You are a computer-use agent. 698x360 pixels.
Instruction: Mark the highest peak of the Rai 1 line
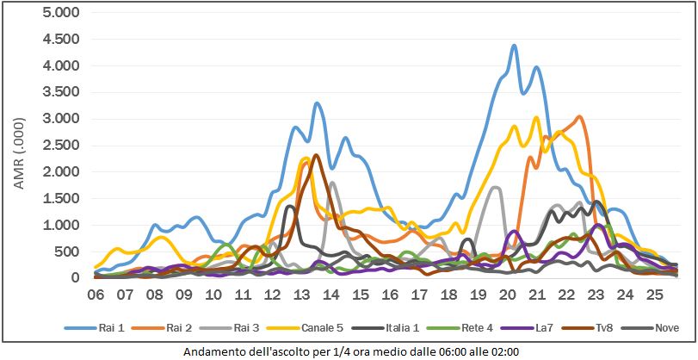coord(514,46)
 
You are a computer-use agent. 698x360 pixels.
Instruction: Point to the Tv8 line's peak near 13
coord(316,155)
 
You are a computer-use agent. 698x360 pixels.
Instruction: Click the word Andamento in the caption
coord(213,351)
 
